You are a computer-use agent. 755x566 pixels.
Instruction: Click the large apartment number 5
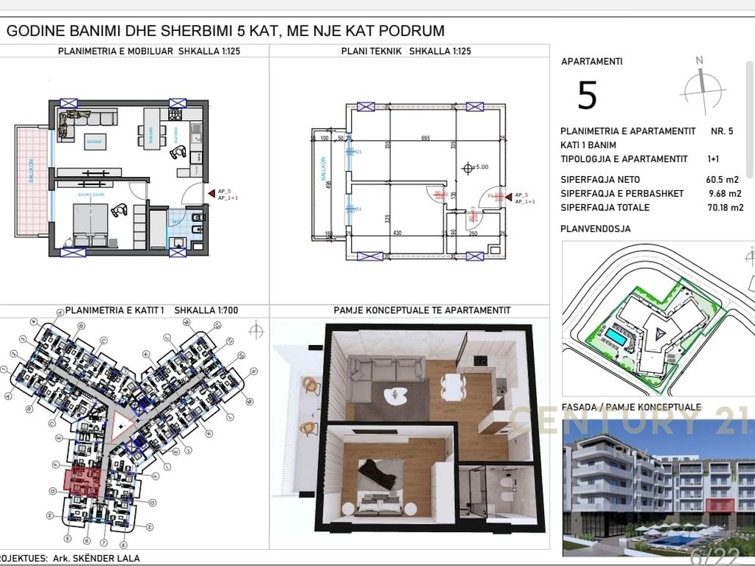[587, 96]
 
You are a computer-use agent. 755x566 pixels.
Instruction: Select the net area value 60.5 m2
[723, 180]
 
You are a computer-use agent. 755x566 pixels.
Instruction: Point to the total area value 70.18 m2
[721, 208]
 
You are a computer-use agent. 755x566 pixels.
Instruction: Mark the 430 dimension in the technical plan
[397, 234]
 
